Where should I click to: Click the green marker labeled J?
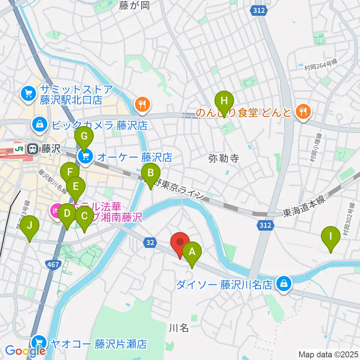30,226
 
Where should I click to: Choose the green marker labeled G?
84,136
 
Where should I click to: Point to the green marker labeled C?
84,216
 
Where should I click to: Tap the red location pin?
180,243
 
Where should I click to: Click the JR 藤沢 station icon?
33,149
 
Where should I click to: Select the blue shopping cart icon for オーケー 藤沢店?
85,157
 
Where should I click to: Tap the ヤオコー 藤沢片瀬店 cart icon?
39,342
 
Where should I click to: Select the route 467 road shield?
52,265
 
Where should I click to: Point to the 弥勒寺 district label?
223,159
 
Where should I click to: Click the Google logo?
25,351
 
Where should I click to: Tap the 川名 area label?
178,328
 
